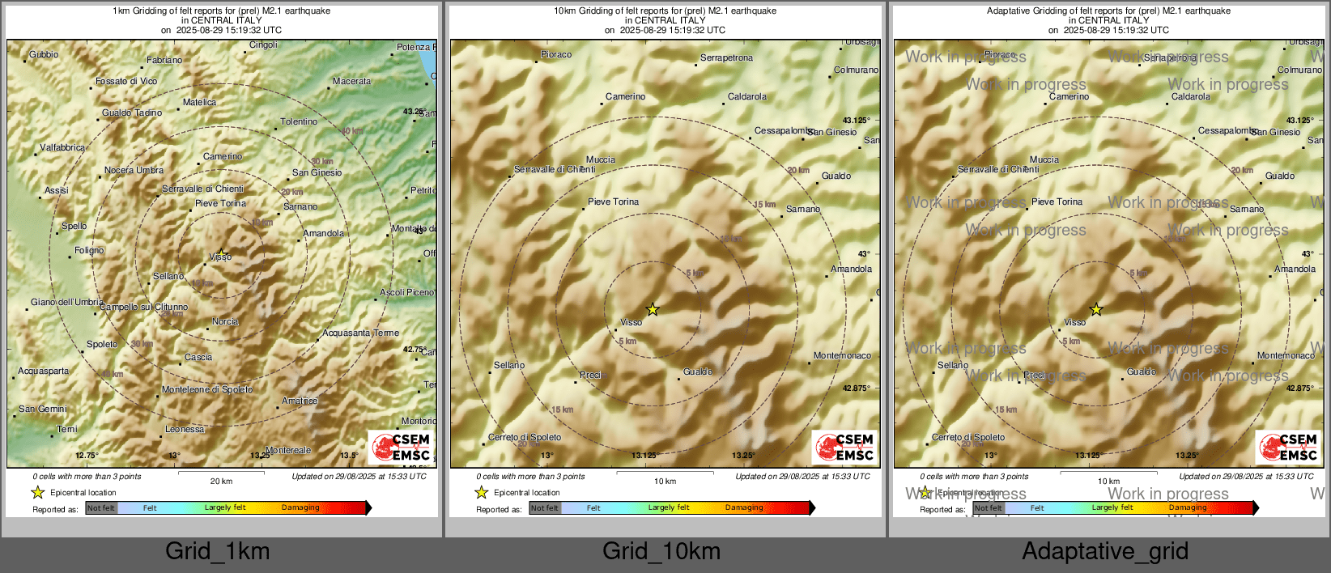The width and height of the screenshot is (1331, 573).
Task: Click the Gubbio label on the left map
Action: pos(44,55)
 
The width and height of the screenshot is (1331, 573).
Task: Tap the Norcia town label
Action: pos(225,322)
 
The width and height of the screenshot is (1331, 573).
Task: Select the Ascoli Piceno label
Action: pos(406,292)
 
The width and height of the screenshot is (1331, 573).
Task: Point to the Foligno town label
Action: pos(89,251)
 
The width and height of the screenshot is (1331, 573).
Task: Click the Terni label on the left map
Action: pos(67,430)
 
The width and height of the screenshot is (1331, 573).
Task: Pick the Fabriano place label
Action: pos(164,61)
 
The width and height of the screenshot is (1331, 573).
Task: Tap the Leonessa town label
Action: pos(185,430)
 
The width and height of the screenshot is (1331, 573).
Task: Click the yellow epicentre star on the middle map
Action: pos(653,309)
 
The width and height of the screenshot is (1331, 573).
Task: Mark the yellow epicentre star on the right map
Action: pos(1096,309)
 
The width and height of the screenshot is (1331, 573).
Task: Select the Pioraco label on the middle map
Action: pos(556,55)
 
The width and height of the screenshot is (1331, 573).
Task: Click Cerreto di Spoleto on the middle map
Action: pos(525,438)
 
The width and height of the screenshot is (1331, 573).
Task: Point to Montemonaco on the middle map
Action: pos(842,356)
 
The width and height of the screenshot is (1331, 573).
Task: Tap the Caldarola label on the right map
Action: pos(1191,97)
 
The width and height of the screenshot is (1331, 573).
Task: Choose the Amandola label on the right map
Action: pos(1295,270)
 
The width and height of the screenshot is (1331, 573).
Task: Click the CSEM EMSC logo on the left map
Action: pos(402,448)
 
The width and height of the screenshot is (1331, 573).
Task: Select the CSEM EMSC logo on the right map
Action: pos(1287,448)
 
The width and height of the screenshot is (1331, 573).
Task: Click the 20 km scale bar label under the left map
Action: pos(221,482)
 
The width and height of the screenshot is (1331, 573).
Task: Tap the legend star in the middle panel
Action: pos(482,493)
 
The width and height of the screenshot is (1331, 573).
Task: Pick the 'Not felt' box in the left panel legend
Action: pos(101,508)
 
